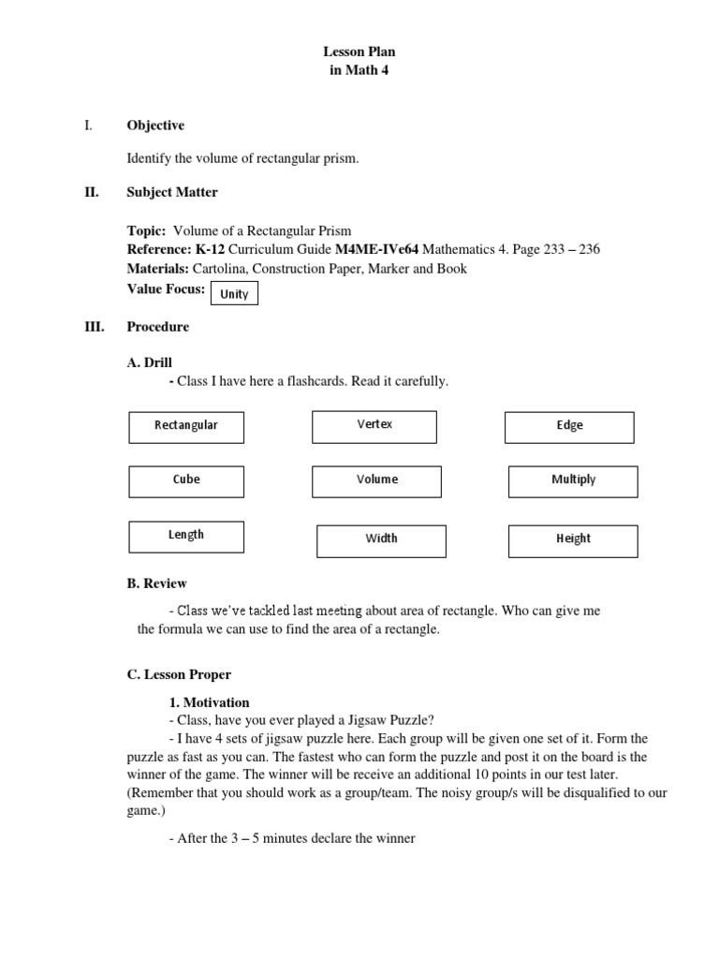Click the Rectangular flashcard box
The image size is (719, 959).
coord(186,427)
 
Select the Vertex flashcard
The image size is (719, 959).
coord(374,426)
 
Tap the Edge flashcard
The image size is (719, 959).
coord(569,427)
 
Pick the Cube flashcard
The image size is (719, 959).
coord(186,481)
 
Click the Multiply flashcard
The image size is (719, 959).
coord(573,481)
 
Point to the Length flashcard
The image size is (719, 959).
coord(186,537)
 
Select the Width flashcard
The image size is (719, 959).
coord(381,540)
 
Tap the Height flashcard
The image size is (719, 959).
coord(573,540)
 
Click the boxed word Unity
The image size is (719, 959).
coord(234,294)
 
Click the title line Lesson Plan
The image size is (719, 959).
coord(359,52)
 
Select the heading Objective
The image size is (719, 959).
coord(155,125)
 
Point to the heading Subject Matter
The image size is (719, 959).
coord(172,192)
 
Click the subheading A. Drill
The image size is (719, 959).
coord(150,362)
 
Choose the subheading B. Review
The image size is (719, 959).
coord(156,583)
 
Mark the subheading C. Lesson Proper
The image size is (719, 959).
coord(179,674)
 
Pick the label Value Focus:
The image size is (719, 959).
coord(166,289)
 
